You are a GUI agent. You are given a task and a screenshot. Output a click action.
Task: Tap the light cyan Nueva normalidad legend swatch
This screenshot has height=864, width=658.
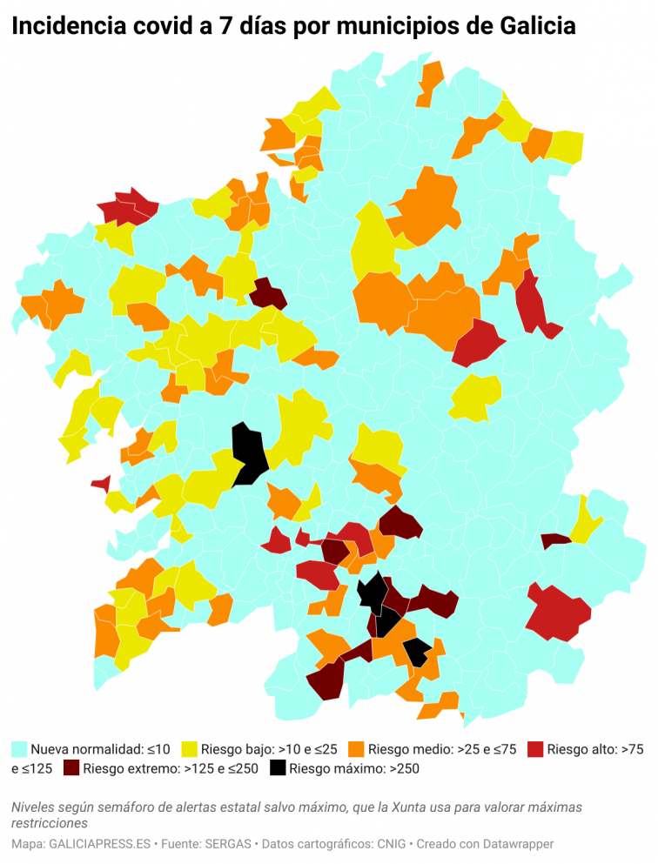(x=19, y=749)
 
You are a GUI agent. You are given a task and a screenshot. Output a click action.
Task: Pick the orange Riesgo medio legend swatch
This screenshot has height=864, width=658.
(x=356, y=749)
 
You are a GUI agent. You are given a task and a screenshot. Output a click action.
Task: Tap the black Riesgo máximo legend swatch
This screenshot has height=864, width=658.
(x=278, y=768)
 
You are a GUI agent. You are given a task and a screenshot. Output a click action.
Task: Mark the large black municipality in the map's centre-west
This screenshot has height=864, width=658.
(x=251, y=452)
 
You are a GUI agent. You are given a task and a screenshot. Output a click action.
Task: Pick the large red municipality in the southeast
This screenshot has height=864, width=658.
(x=557, y=613)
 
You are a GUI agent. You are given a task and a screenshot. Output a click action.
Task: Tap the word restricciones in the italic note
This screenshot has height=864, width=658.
(x=50, y=822)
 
